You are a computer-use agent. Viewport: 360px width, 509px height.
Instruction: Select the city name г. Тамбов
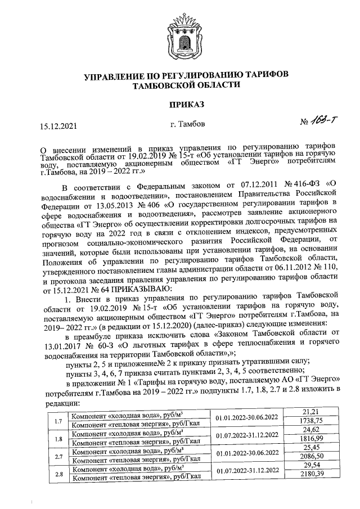(x=187, y=123)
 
